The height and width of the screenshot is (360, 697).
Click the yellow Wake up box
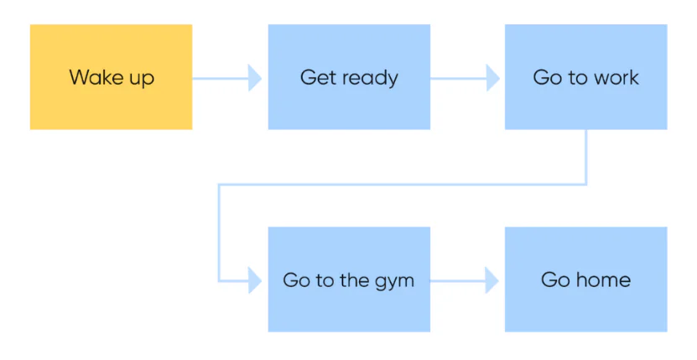111,77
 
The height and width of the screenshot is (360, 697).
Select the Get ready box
349,77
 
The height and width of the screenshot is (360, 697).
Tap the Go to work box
586,77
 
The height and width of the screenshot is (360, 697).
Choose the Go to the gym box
349,279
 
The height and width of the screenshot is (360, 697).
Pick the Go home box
586,279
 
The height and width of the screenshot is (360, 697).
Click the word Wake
91,77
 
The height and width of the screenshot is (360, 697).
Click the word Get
316,77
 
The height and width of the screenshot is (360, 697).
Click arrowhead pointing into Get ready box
255,78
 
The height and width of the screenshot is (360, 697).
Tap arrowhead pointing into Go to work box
493,78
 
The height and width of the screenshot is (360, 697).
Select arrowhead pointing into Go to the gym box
255,280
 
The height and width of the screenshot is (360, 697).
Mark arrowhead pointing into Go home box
492,280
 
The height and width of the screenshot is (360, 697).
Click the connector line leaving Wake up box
221,78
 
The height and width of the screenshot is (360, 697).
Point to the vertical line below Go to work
586,157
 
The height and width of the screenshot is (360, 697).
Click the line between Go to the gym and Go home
458,281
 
